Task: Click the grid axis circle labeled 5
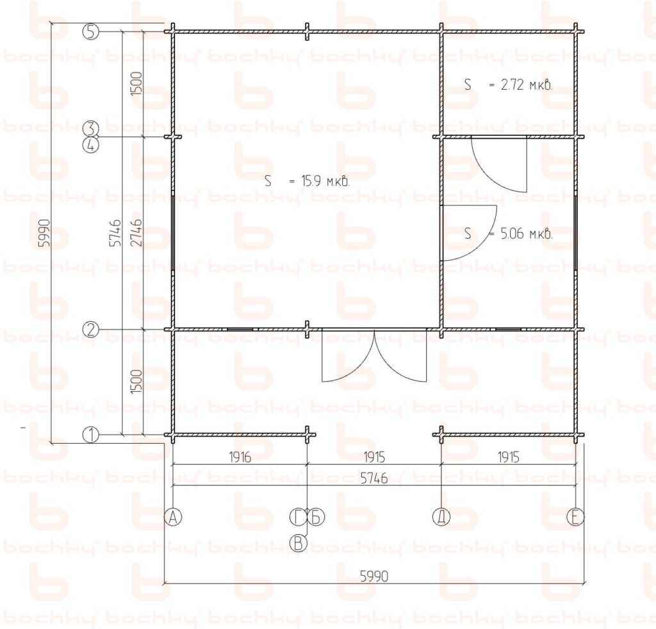pos(91,32)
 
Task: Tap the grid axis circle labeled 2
pos(91,330)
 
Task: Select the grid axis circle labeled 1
pos(91,435)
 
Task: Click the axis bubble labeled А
pos(173,517)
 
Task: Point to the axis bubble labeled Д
pos(441,517)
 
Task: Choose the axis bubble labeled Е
pos(575,517)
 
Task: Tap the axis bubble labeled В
pos(299,543)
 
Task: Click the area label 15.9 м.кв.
pos(307,181)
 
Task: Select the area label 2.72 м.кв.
pos(508,85)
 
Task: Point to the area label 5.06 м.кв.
pos(508,233)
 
